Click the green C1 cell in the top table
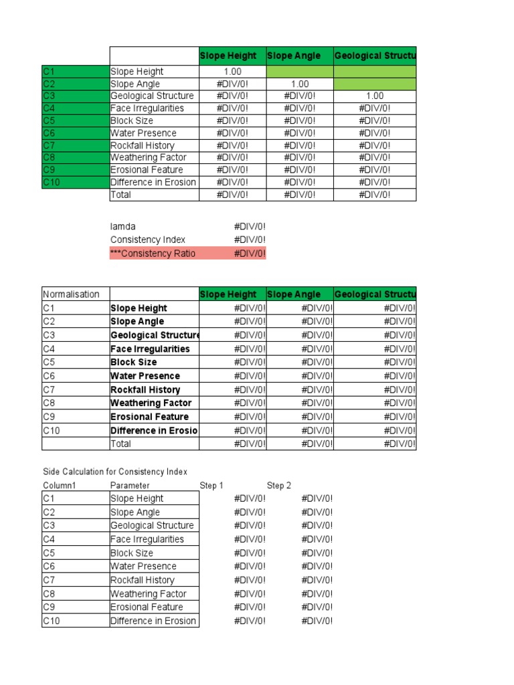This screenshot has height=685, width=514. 75,72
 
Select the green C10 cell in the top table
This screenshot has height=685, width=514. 75,182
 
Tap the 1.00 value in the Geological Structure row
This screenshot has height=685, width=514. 375,96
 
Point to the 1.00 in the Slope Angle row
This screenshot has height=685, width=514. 300,84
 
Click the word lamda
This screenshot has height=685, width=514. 123,227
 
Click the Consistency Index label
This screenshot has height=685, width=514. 148,239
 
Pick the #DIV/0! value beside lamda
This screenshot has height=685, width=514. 249,227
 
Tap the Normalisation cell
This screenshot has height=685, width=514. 71,294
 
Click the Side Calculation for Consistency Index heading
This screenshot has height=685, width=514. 115,472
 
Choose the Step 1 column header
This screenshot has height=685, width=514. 211,485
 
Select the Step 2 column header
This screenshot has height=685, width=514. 279,485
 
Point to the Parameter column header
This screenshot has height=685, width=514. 130,485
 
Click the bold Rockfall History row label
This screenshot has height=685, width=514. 145,389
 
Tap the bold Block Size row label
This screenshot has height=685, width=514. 134,362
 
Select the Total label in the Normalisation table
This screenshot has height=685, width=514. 120,444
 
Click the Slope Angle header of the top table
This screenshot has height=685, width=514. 293,56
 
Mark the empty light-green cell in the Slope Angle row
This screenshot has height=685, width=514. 375,84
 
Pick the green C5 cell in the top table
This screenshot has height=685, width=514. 75,121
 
